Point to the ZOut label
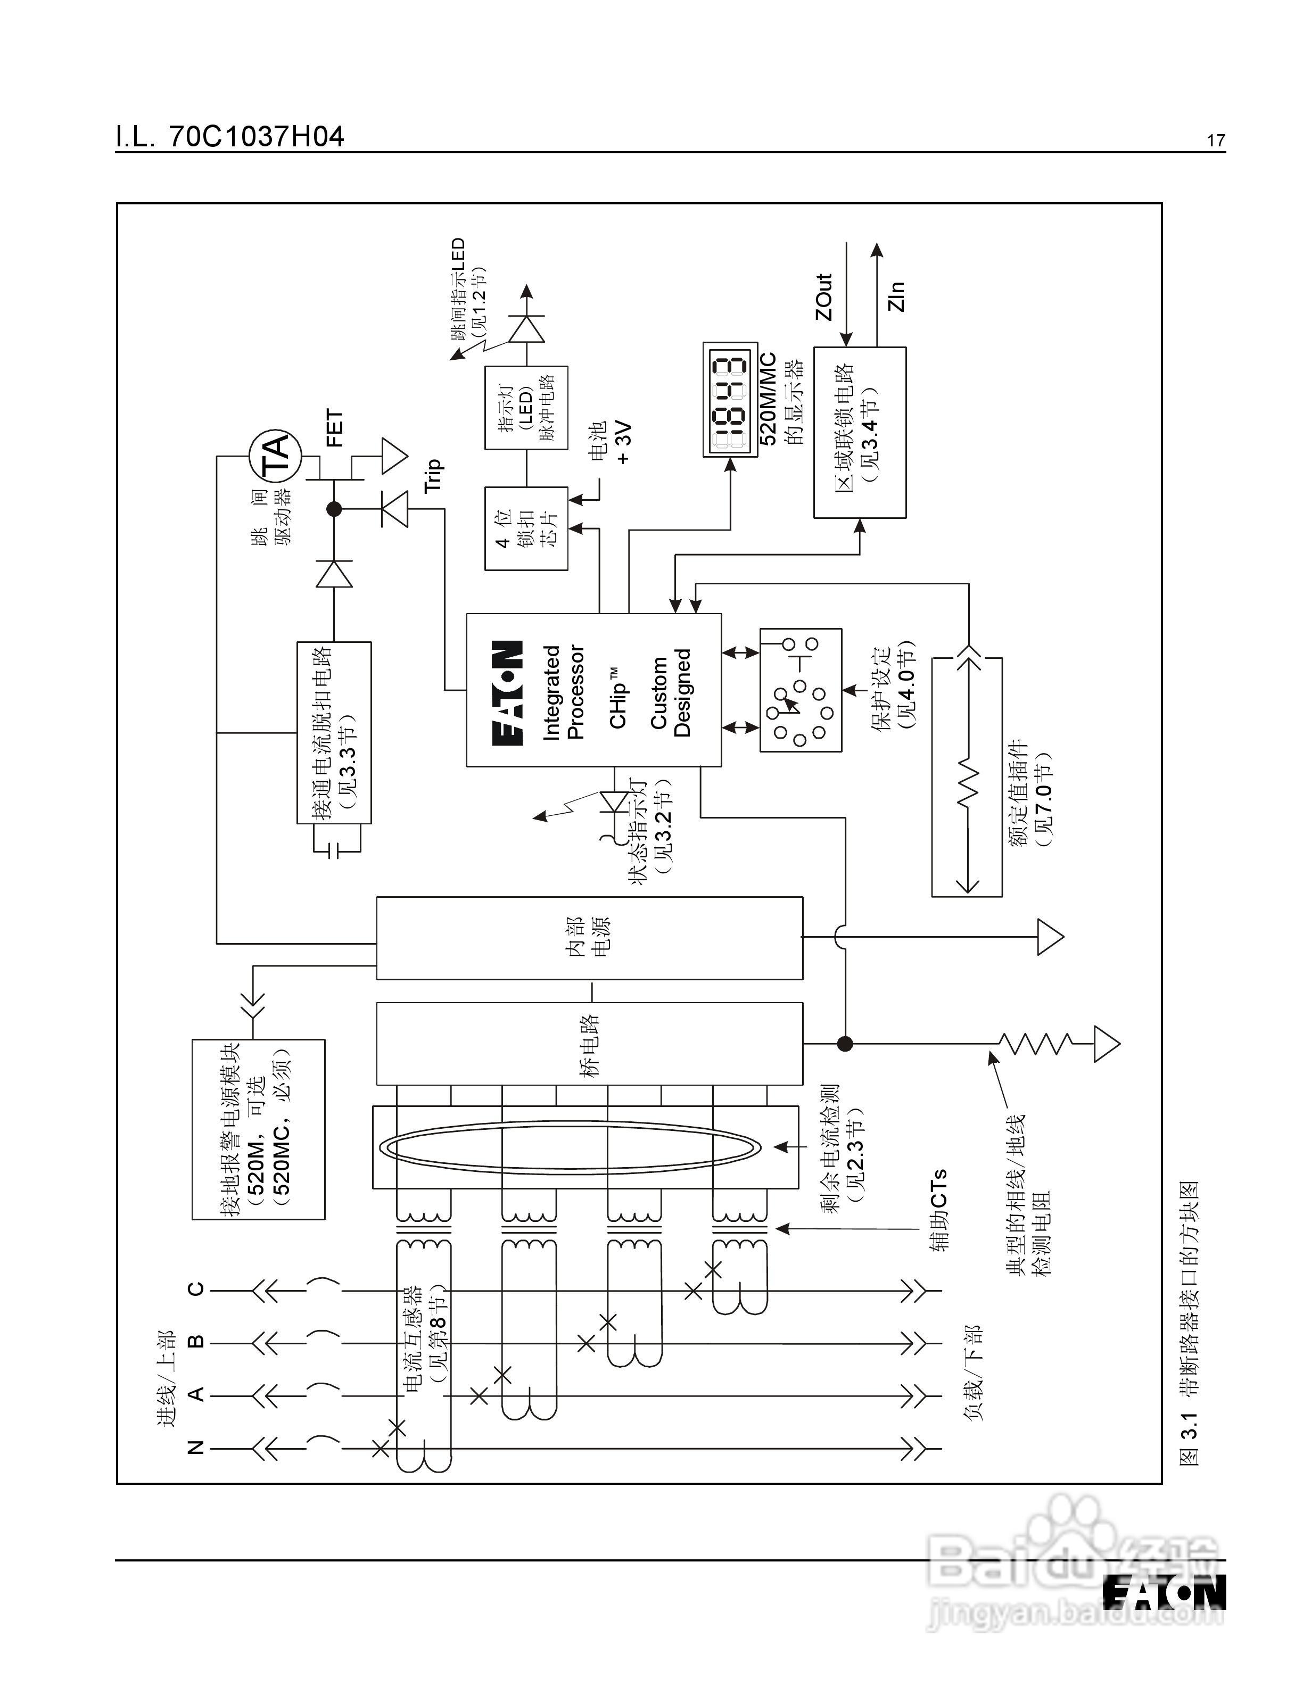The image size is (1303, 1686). [x=823, y=297]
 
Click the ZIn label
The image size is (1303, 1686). [x=895, y=296]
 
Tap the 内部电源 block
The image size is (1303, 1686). [x=589, y=938]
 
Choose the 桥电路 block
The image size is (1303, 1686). [x=589, y=1044]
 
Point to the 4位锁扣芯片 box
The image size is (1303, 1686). [x=526, y=529]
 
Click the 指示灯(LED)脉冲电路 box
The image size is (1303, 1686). [x=526, y=408]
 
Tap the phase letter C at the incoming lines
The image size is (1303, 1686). [x=197, y=1288]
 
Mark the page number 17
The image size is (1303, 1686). [x=1216, y=140]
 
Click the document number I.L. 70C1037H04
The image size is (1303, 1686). [x=230, y=137]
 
